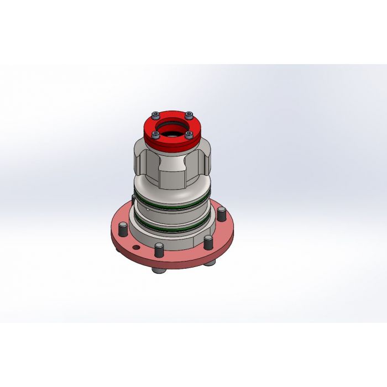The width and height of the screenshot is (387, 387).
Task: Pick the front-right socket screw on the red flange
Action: pyautogui.click(x=189, y=134)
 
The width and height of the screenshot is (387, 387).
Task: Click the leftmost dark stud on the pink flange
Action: pyautogui.click(x=123, y=228)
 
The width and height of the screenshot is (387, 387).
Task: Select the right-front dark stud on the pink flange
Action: pyautogui.click(x=208, y=242)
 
